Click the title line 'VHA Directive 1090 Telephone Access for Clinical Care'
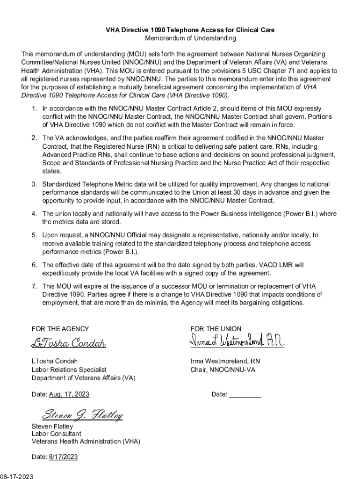coord(190,30)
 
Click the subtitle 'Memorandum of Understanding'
coord(190,38)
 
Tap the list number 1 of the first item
coord(34,109)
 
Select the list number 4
coord(34,214)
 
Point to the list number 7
coord(34,286)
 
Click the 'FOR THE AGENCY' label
coord(60,329)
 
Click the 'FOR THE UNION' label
coord(216,329)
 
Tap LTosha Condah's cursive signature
coord(69,343)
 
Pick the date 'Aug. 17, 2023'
coord(69,394)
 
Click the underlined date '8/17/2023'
coord(63,457)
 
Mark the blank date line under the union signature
coord(245,395)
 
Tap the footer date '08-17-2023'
coord(17,476)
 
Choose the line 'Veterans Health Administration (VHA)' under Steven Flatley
coord(86,441)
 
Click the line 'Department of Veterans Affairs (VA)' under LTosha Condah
coord(83,377)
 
